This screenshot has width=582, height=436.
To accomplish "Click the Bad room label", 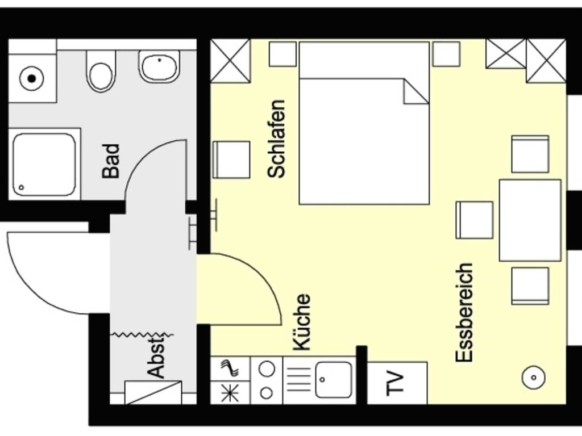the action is pos(111,161).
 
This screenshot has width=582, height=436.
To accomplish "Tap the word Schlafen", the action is pos(277,139).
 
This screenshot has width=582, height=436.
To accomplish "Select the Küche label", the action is pos(301,322).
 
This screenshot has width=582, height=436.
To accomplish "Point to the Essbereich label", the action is pos(464,313).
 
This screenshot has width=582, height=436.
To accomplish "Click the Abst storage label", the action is pos(156,357).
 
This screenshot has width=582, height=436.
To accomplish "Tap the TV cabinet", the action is pos(397,383).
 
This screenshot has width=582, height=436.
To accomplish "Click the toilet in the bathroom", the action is pos(101,71).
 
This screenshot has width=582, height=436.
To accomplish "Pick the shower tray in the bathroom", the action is pos(44,164).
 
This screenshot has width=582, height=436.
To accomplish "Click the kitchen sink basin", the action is pos(333,380).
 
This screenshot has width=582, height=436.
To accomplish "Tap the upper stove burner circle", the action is pos(267,369).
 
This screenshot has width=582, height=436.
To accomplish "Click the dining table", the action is pos(530,220).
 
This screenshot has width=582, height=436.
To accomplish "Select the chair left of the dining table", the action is pos(475,220).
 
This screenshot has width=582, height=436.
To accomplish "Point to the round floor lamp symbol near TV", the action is pos(534,378).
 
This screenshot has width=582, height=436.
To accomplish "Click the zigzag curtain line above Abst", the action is pos(142,335).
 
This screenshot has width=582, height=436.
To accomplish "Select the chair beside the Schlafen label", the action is pos(231,160).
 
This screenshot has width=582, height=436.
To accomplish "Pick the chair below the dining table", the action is pos(530,286).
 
